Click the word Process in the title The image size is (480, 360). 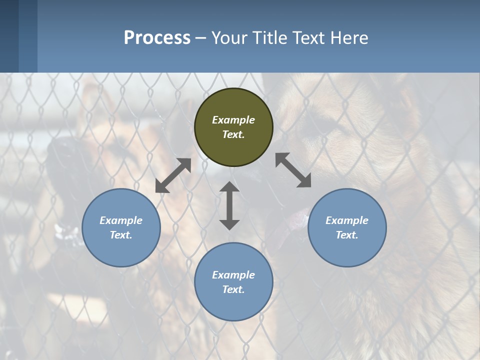point(157,38)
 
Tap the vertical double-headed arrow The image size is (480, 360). point(229,205)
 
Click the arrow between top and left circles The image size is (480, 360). point(173,175)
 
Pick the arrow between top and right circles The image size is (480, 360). point(293,170)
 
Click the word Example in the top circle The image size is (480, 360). point(233,120)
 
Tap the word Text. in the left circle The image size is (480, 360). point(121,235)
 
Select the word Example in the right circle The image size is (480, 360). point(347,220)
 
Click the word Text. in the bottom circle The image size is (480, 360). point(233,289)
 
